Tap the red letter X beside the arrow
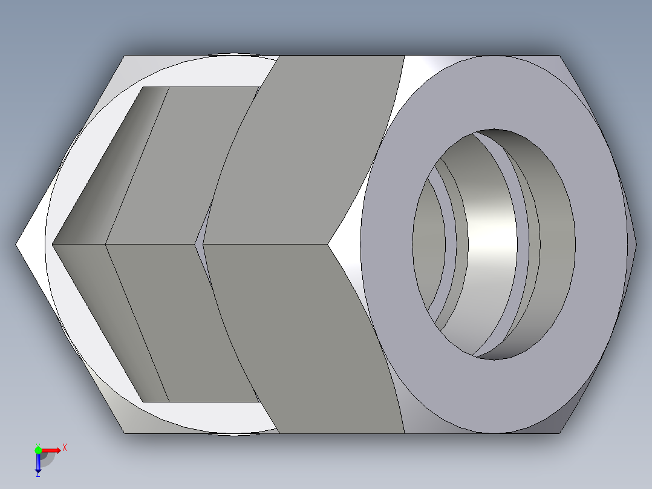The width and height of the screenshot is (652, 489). [65, 448]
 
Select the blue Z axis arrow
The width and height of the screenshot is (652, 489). [37, 462]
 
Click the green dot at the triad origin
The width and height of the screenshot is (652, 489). [38, 450]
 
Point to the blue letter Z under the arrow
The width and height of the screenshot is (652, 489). [37, 474]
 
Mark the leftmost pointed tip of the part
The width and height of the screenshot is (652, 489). [17, 244]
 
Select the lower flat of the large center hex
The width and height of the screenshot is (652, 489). [302, 339]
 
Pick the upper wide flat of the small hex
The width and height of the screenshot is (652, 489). [181, 163]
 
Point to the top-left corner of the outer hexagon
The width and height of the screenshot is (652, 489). [125, 56]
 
